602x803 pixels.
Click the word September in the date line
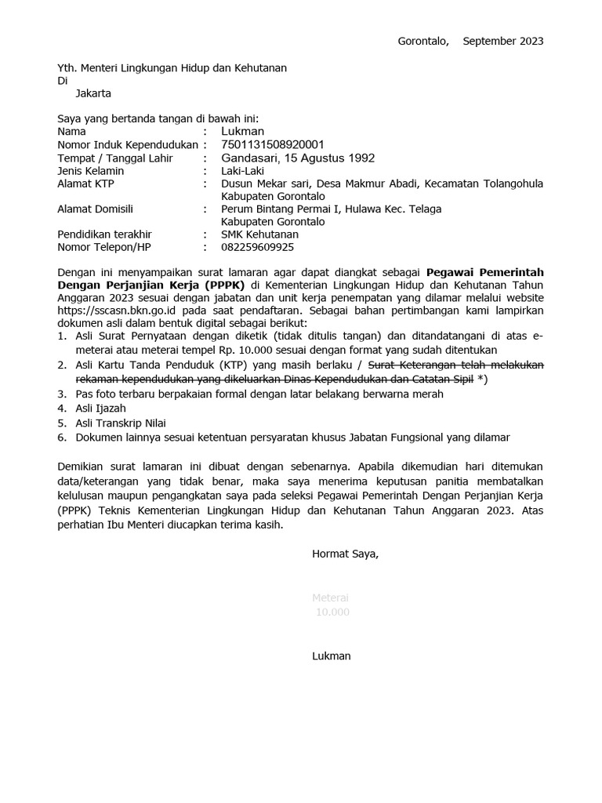point(491,41)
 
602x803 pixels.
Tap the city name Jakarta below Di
point(93,93)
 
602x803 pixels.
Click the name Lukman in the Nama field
point(243,132)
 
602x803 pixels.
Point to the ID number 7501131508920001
point(272,145)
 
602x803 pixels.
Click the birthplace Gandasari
point(250,158)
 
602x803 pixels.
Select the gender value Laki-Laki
point(243,171)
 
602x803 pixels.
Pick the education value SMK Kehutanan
point(259,234)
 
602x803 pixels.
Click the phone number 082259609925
point(258,247)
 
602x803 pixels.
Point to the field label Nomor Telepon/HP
point(104,247)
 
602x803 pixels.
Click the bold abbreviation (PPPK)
point(223,285)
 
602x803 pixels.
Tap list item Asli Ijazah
point(100,409)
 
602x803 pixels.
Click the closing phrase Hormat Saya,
point(345,554)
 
